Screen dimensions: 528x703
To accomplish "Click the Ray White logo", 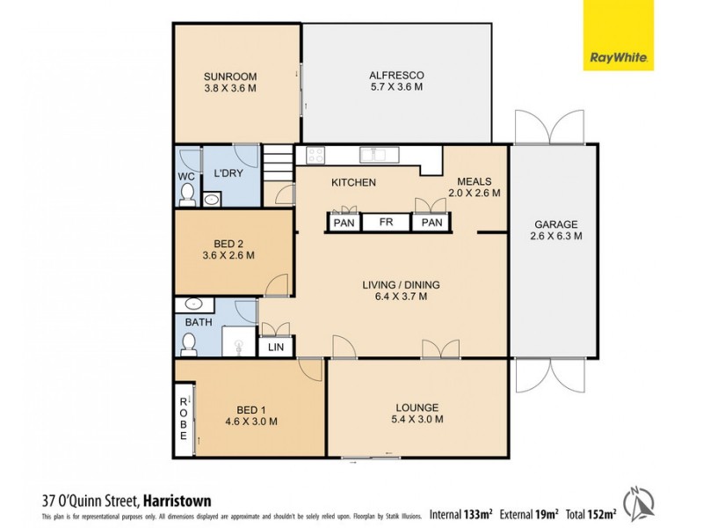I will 619,35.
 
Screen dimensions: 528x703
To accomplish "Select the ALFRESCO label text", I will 396,75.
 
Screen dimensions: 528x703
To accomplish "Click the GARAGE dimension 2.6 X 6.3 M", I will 556,236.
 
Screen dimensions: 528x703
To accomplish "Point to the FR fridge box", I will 387,223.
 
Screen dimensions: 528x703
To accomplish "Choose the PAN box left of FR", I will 344,223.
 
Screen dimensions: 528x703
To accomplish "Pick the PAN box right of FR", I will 431,223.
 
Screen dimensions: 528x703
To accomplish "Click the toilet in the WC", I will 186,195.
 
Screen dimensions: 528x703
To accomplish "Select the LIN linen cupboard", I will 274,348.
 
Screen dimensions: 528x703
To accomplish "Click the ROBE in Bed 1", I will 184,418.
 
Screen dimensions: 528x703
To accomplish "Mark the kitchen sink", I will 379,156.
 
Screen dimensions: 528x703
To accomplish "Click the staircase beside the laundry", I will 278,164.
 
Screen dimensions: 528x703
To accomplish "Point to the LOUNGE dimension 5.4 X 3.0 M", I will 417,420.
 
